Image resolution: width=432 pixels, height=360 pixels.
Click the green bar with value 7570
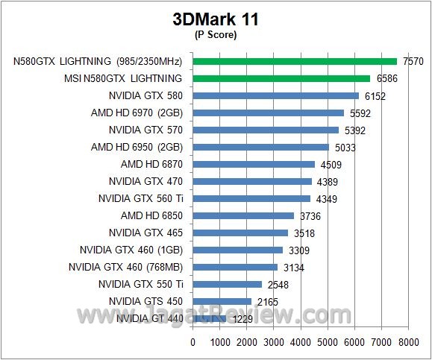[295, 61]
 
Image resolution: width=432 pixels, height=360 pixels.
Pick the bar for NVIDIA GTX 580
[275, 95]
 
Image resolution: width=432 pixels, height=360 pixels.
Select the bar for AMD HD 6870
[254, 164]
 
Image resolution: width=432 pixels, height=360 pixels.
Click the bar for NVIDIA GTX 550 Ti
[228, 284]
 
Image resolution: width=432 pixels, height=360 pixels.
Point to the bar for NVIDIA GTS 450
[222, 301]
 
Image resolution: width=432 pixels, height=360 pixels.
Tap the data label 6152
[375, 96]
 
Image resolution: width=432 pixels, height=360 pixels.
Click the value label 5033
[345, 148]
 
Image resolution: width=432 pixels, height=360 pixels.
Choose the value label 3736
[310, 216]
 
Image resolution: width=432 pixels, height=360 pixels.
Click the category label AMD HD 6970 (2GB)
[137, 113]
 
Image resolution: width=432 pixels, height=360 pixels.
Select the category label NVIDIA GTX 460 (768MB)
[125, 267]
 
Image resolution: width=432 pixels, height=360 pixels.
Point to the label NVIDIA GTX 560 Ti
[140, 198]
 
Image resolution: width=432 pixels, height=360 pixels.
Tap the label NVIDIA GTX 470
[145, 181]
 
